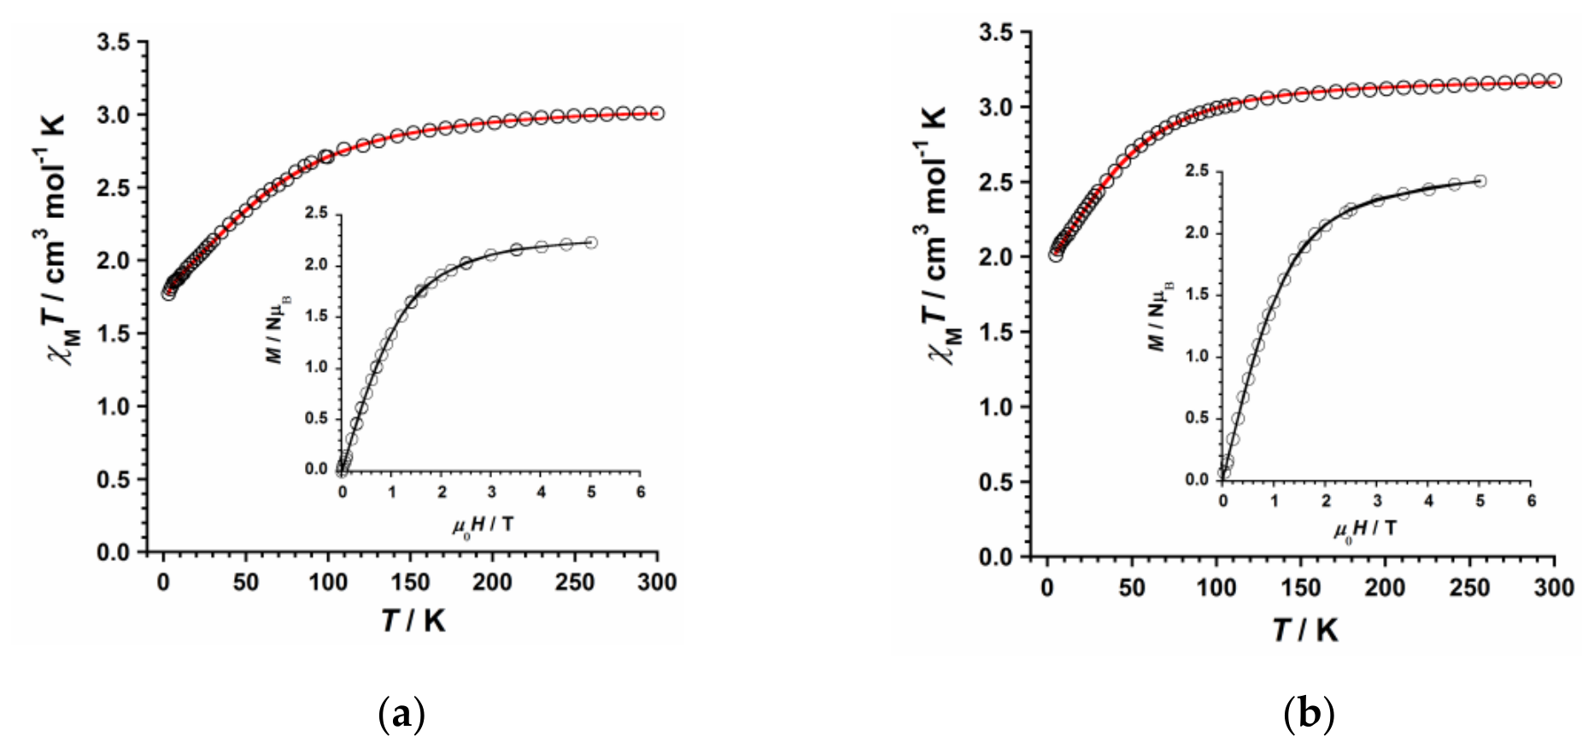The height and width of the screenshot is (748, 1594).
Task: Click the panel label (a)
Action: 401,713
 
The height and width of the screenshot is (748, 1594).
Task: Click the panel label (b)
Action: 1308,713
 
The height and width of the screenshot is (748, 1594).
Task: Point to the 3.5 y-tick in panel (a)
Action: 115,42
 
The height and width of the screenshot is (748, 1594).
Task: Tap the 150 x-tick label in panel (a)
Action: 411,582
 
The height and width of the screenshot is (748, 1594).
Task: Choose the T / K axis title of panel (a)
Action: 413,621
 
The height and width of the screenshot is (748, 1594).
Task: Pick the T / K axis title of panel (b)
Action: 1305,630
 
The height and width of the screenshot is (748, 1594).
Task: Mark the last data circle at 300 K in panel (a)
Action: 657,113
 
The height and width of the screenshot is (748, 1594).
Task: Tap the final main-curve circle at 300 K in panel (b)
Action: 1555,81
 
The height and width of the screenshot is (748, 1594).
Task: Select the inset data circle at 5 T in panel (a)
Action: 591,243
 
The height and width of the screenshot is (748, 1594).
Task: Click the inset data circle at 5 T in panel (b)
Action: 1480,181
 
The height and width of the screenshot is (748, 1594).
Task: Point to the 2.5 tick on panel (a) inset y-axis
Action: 317,214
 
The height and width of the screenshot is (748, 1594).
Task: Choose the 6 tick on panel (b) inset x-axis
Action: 1532,500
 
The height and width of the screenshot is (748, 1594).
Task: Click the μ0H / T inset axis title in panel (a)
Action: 483,523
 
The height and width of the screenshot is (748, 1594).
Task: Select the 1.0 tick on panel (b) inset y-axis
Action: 1198,356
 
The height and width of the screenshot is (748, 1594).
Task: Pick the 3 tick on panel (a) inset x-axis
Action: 491,492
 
